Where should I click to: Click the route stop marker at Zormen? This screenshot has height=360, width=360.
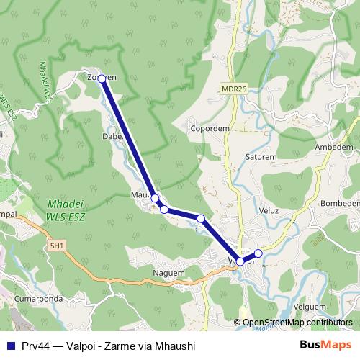click(x=102, y=78)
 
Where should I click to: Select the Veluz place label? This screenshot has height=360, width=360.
click(x=269, y=212)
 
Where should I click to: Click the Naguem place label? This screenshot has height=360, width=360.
click(x=168, y=273)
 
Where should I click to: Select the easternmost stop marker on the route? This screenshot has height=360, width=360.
click(x=258, y=253)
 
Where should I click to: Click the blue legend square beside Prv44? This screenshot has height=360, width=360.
click(x=11, y=346)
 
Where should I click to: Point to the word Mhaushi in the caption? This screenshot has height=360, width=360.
click(x=173, y=346)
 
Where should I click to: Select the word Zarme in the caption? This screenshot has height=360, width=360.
click(x=120, y=346)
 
